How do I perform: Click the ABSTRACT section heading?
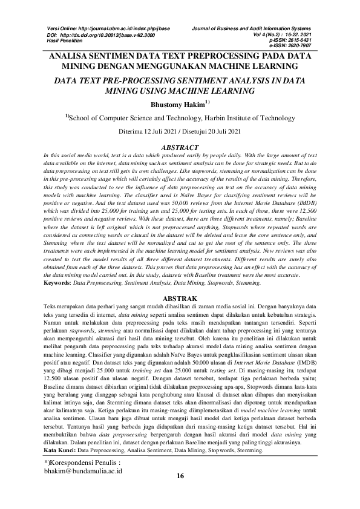pyautogui.click(x=180, y=148)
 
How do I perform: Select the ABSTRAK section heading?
pyautogui.click(x=180, y=299)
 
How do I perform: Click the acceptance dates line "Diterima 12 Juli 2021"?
pyautogui.click(x=180, y=131)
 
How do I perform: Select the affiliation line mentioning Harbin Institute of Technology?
pyautogui.click(x=180, y=118)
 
